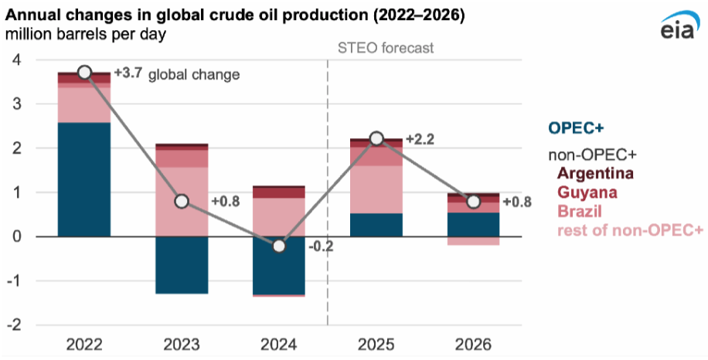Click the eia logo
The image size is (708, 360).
678,29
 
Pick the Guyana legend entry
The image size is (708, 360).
590,191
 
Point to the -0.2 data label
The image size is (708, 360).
322,248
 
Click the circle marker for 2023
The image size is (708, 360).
182,202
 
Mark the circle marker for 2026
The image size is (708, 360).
473,202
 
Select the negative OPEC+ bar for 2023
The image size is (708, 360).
182,264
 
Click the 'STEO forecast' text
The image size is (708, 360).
386,48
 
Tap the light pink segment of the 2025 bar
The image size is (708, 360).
376,189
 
